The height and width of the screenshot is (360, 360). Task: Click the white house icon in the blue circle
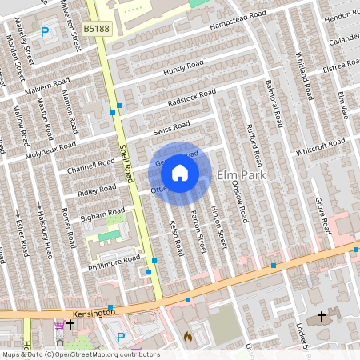point(180,173)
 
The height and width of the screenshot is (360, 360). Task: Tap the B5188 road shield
point(97,28)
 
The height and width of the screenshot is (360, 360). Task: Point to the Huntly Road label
point(184,69)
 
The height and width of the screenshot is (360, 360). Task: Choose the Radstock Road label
point(192,98)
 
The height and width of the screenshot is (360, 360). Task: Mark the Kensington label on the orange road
point(92,311)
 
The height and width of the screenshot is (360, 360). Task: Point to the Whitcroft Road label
point(320,148)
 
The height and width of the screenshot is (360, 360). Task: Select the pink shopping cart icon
point(58,325)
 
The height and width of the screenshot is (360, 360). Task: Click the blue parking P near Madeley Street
point(45,33)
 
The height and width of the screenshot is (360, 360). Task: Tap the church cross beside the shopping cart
point(70,325)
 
